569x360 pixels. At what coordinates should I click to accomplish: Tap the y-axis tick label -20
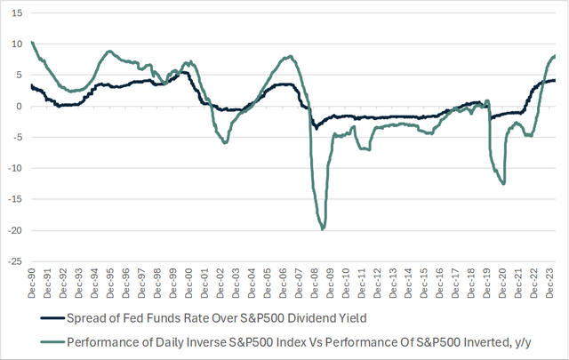pos(16,230)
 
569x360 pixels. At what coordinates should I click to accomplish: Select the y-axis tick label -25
pos(16,261)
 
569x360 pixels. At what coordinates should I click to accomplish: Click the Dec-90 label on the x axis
pos(32,284)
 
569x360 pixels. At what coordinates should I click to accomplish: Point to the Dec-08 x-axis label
pos(315,284)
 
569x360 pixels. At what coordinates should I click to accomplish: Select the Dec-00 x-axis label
pos(189,284)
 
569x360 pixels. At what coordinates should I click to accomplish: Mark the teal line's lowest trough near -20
pos(322,229)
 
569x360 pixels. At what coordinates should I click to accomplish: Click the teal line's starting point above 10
pos(32,43)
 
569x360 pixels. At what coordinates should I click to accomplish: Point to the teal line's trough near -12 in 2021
pos(504,183)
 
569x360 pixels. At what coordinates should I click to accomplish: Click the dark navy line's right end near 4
pos(556,81)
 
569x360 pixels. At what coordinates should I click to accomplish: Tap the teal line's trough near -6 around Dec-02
pos(225,142)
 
